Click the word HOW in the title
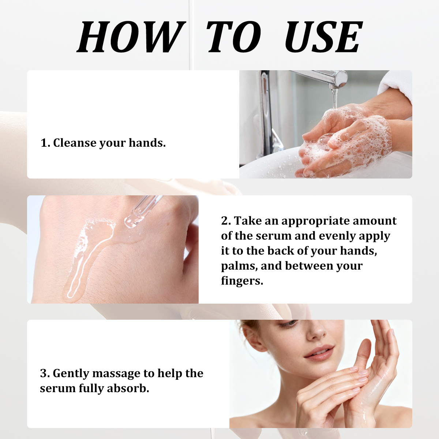131,37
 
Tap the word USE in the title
323,37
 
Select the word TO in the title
233,37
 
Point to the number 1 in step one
44,143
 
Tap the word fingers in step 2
242,281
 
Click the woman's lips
319,353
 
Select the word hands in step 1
147,143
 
